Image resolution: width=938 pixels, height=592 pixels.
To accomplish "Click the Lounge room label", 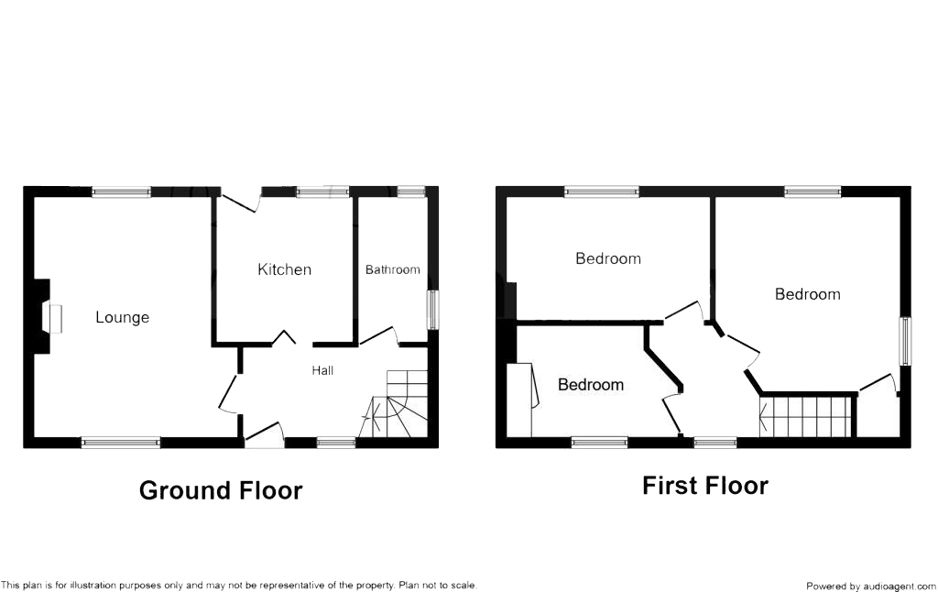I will pos(122,318).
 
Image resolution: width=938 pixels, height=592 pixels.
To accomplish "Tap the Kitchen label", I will pos(284,269).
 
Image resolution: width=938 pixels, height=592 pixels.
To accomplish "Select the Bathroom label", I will pos(392,269).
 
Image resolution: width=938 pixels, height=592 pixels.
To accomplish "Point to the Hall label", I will pos(322,371).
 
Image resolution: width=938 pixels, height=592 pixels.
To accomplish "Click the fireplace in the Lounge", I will pos(53,318).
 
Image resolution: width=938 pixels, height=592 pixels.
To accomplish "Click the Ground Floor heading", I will pos(221,490).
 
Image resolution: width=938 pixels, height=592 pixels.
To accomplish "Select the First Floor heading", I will pos(705,486).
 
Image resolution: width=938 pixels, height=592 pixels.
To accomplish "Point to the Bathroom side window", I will pos(432,309).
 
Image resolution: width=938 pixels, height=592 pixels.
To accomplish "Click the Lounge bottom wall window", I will pos(121,443).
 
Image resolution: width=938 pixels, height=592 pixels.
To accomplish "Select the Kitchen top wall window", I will pos(322,192).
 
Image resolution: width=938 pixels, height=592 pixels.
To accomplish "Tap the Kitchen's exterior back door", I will pos(240,202).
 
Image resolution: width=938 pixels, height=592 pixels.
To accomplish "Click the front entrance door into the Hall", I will pos(265,434).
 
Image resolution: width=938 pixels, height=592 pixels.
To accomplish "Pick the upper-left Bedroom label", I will pos(607,258).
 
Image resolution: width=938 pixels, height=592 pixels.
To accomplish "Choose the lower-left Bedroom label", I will pos(591,385).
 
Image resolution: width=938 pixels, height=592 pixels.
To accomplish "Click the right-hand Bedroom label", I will pos(807,294).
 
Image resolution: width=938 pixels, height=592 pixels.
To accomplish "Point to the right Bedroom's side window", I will pos(904,341).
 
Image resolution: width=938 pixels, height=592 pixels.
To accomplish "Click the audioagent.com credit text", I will pos(870,586).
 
